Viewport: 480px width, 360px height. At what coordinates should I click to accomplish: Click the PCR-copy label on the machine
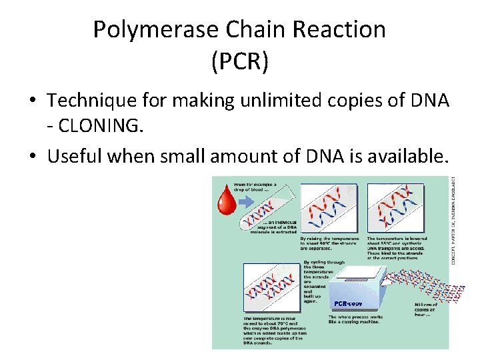(x=349, y=304)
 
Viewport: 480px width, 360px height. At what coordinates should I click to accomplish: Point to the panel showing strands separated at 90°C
(x=330, y=208)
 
